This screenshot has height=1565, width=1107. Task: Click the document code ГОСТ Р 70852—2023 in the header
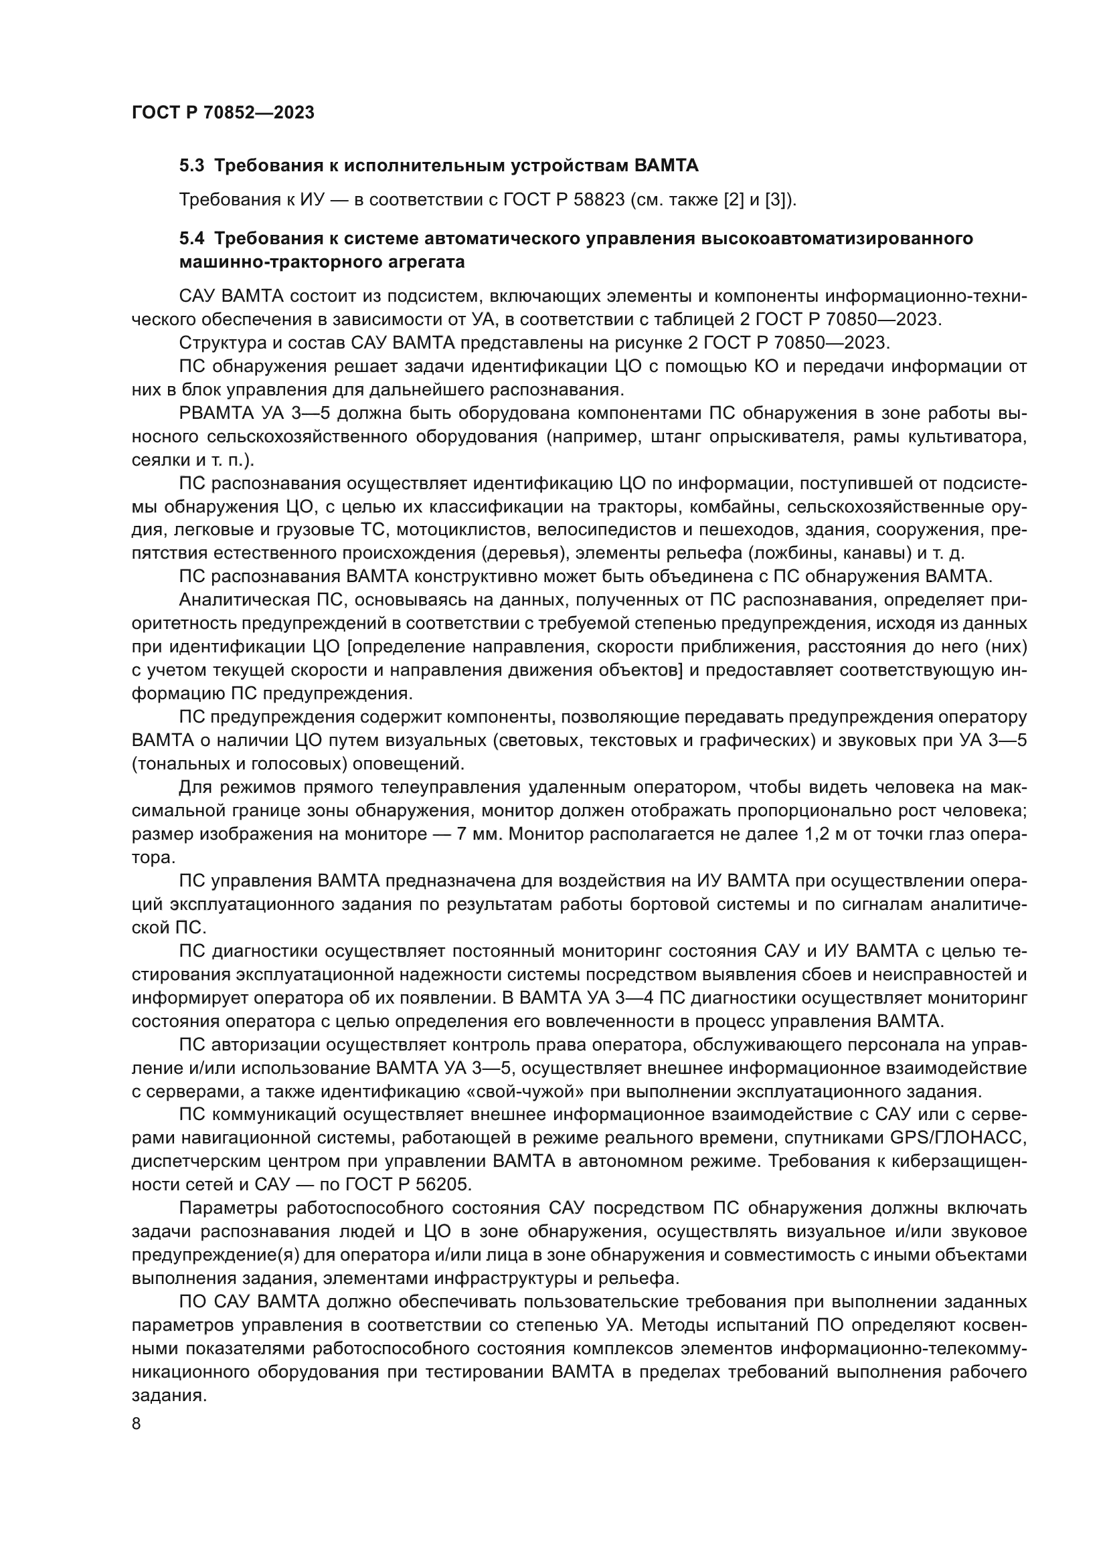point(223,113)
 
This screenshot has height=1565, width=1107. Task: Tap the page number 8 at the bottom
point(137,1424)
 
